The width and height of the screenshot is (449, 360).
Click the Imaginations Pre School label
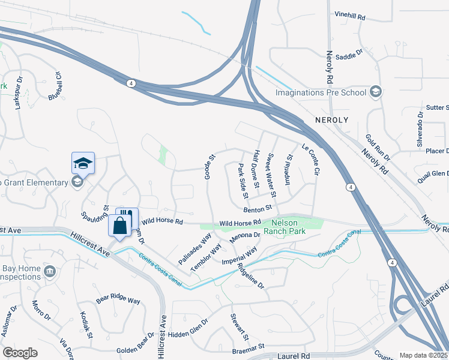coord(321,92)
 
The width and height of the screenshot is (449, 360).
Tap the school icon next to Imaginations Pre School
coord(376,92)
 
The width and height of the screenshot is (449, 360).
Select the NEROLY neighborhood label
coord(331,120)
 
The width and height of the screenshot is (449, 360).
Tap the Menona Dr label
coord(244,236)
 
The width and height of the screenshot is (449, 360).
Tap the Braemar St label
coord(249,347)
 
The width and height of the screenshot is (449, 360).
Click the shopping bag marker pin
coord(120,226)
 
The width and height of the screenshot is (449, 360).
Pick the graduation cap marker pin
coord(83,163)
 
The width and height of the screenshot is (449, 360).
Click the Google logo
coord(20,353)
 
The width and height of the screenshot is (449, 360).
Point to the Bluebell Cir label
coord(55,86)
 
